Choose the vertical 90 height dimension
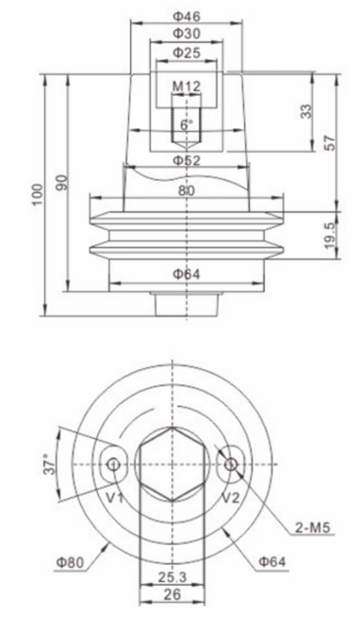pyautogui.click(x=62, y=183)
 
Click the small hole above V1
pyautogui.click(x=114, y=463)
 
